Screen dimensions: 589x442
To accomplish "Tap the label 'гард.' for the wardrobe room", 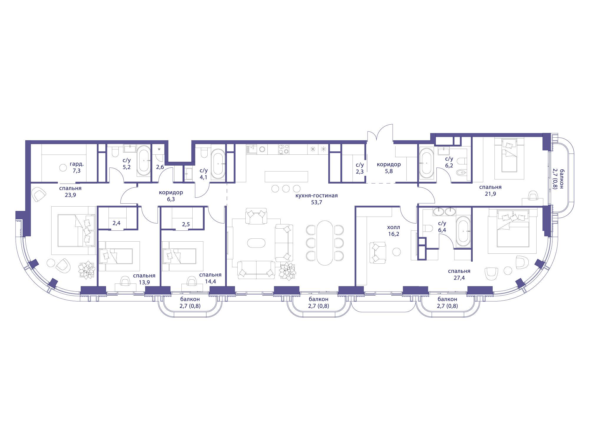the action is [76, 164].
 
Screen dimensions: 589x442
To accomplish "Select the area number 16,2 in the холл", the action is [393, 234].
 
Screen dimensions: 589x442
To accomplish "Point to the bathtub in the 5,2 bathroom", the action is [144, 161].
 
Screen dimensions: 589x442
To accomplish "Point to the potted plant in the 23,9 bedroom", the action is [86, 270].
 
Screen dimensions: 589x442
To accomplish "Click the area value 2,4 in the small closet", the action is [117, 223].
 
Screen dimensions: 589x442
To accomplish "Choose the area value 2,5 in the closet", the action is [186, 224].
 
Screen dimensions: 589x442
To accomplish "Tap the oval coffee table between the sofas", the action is [256, 243].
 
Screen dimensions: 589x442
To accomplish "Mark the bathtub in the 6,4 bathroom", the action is [463, 232].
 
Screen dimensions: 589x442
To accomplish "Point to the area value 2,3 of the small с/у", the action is [360, 171].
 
